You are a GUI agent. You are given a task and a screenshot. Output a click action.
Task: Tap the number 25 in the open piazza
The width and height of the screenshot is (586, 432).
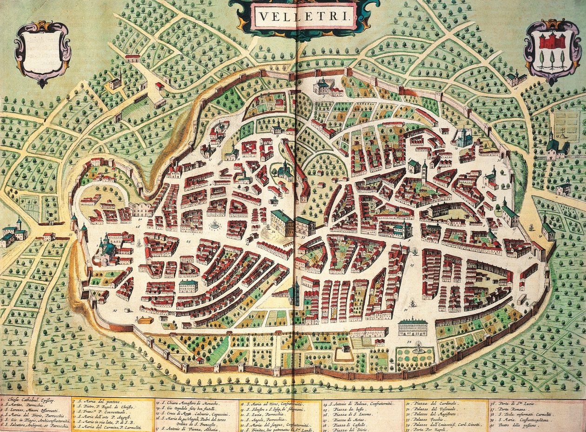coord(188,242)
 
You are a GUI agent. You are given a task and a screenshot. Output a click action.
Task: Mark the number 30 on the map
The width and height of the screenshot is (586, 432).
coord(406,310)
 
